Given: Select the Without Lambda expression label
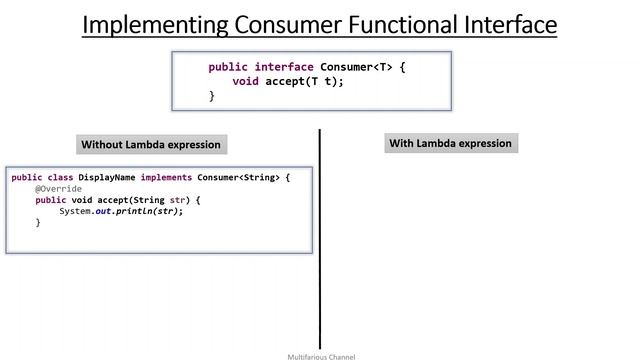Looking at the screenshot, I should (151, 144).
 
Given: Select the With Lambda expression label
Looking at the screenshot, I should (450, 143).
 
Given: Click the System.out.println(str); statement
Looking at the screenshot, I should (121, 211).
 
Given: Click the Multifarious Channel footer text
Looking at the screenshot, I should (321, 356).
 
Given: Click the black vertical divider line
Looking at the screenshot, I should (320, 240).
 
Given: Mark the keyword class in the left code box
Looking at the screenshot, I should (61, 177).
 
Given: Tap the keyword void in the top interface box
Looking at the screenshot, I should (245, 82).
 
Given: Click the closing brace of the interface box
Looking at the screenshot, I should (211, 96).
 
